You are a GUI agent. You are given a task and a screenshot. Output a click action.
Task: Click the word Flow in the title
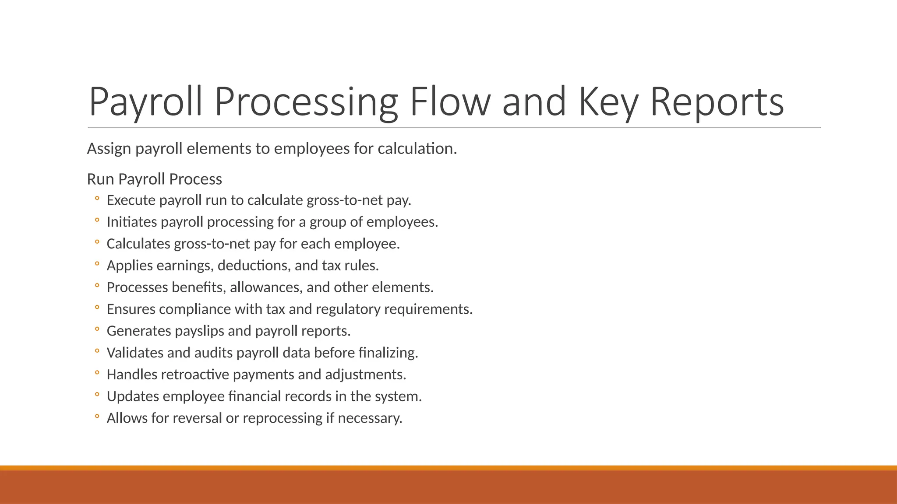point(450,102)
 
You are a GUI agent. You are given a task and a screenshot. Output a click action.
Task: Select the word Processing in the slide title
point(306,102)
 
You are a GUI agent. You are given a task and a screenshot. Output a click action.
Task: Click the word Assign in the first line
point(109,149)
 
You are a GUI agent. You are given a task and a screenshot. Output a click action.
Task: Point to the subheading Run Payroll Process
point(155,179)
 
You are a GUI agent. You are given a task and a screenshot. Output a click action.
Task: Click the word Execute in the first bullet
point(131,200)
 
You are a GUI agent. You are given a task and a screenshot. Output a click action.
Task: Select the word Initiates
point(131,222)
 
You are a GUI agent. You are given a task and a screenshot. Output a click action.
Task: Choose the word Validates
point(135,353)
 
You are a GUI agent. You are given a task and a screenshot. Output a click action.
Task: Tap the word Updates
point(133,396)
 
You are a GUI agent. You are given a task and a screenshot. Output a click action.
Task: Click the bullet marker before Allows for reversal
point(97,416)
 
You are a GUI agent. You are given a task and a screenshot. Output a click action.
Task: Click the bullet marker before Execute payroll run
point(97,199)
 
